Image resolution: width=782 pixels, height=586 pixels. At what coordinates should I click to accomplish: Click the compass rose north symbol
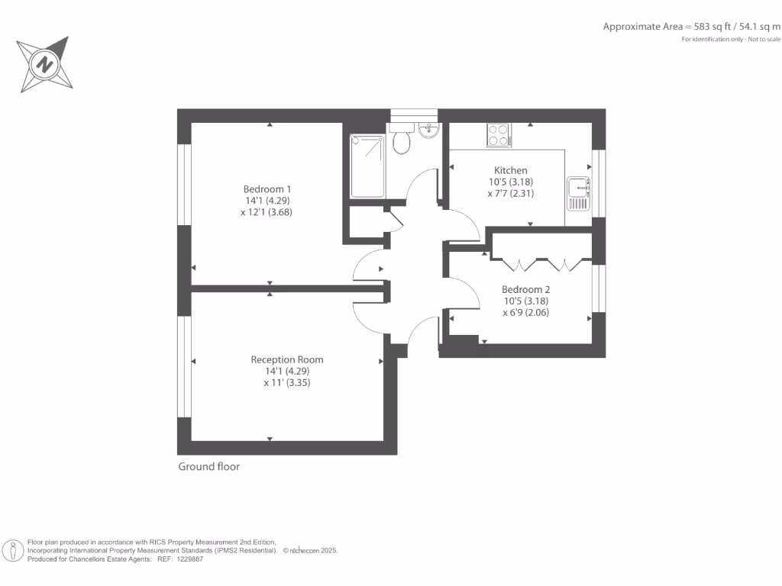coord(45,64)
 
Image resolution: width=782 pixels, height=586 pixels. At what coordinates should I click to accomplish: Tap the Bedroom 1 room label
coord(267,189)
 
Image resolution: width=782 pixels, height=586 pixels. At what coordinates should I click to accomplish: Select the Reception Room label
coord(287,359)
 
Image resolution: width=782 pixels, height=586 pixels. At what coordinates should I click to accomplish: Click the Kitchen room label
coord(510,170)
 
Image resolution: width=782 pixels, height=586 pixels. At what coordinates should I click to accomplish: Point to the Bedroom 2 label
coord(525,289)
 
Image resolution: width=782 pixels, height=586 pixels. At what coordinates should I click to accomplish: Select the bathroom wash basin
coord(428,131)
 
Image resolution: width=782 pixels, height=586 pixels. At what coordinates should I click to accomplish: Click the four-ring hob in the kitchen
coord(499,135)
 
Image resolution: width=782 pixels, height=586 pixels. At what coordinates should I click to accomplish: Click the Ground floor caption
coord(208,466)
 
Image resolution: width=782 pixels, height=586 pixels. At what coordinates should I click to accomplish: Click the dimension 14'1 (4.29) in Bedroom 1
coord(267,201)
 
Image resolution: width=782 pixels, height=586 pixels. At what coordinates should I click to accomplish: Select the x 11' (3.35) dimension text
coord(287,382)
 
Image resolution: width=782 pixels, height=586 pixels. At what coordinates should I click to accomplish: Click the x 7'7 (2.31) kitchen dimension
coord(510,193)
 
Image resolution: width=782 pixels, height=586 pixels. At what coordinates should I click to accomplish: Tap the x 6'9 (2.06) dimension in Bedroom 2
coord(525,312)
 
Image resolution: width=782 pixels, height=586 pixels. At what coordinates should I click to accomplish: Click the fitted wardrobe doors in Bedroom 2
coord(542,264)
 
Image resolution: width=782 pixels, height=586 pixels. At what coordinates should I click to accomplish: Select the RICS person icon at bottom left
coord(13,550)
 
